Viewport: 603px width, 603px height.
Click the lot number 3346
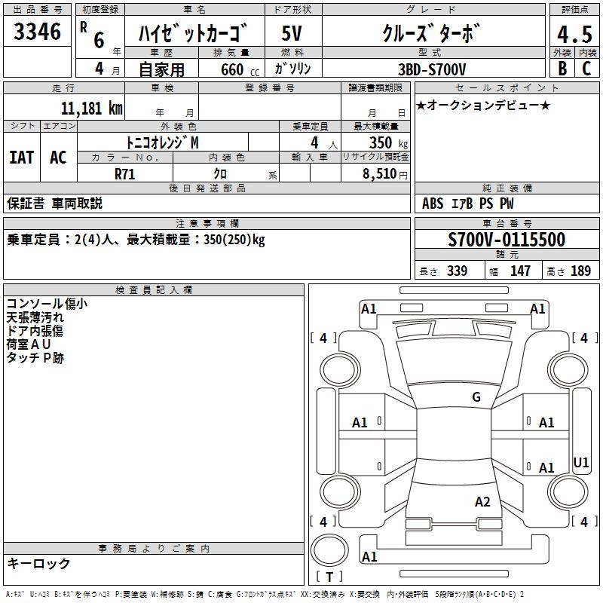(x=37, y=32)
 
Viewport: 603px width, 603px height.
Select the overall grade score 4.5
(x=574, y=34)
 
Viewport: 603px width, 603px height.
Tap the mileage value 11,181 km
(x=91, y=109)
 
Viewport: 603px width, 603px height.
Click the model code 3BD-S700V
(x=432, y=69)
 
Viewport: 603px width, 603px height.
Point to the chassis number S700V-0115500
(x=507, y=240)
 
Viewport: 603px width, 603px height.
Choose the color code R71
(x=124, y=174)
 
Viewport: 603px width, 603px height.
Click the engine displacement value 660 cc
(x=240, y=70)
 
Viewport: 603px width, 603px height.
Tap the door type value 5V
(x=292, y=33)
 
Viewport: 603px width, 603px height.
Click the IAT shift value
(x=22, y=158)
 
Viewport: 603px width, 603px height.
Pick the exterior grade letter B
(x=562, y=69)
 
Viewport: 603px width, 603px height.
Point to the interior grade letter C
(x=586, y=69)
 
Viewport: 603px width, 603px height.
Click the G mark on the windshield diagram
(x=476, y=397)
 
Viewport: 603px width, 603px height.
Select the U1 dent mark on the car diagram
(x=580, y=462)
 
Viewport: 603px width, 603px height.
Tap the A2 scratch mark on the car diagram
(x=482, y=502)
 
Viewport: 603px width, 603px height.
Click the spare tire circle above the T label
(x=329, y=550)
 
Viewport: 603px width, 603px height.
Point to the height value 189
(x=580, y=271)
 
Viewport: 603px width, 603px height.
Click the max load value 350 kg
(x=388, y=142)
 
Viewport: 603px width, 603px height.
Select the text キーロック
(x=38, y=564)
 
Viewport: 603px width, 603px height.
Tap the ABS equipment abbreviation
(x=433, y=204)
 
